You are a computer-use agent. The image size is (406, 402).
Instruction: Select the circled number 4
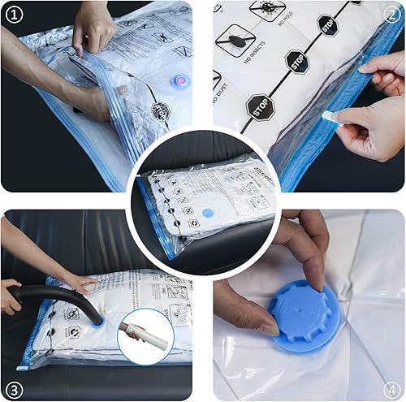tap(392, 387)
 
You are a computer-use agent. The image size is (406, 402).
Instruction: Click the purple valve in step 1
tap(177, 81)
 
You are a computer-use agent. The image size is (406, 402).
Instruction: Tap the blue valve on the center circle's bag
tap(207, 214)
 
